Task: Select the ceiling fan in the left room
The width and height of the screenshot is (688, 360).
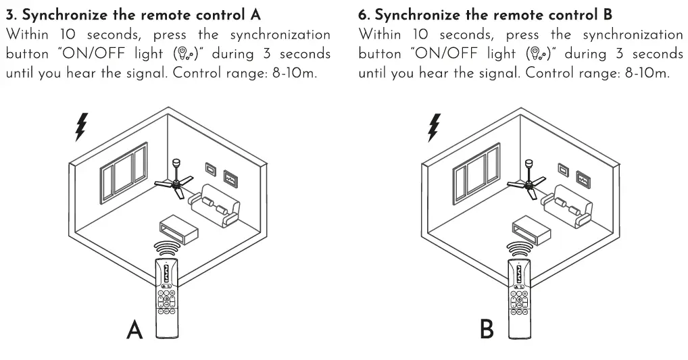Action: (174, 181)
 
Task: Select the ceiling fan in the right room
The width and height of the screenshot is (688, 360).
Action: (527, 181)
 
